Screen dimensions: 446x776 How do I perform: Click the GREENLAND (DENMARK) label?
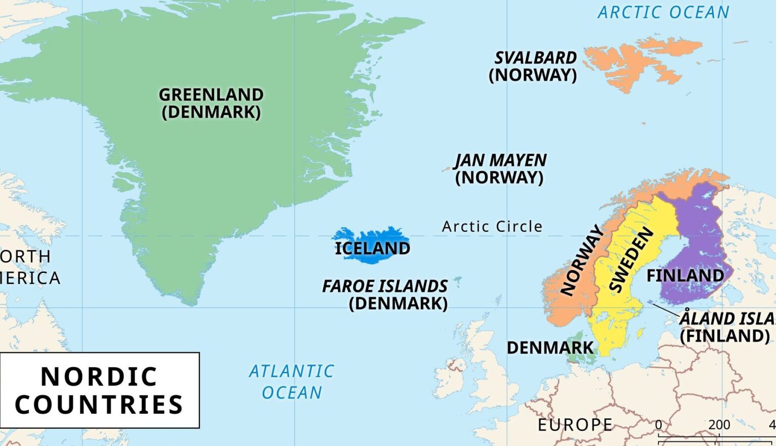(x=211, y=103)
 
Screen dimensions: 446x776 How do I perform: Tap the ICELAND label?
(x=372, y=248)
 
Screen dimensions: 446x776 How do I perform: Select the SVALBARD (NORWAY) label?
(x=533, y=66)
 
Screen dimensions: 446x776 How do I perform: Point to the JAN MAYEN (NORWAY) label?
(x=500, y=169)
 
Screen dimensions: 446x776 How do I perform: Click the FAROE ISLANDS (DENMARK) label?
(x=385, y=294)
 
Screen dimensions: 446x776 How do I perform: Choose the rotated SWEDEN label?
(x=631, y=260)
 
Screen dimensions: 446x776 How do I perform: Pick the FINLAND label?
(x=685, y=276)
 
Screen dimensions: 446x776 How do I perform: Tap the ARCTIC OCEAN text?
(x=663, y=12)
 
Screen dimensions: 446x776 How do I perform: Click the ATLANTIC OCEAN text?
(x=292, y=382)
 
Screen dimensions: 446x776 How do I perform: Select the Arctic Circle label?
(x=492, y=227)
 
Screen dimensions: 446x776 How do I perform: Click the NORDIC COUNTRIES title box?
(x=100, y=390)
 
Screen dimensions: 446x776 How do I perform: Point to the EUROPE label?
(x=575, y=425)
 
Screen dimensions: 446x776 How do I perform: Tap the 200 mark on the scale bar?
(x=719, y=425)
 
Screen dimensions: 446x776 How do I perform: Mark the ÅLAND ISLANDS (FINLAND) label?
(x=726, y=327)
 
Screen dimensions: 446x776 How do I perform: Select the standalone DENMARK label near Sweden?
(x=550, y=348)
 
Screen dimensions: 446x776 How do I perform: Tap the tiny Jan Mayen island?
(x=446, y=169)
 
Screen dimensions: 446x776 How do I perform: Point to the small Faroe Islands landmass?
(x=458, y=279)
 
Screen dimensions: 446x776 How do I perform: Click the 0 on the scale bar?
(x=658, y=425)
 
